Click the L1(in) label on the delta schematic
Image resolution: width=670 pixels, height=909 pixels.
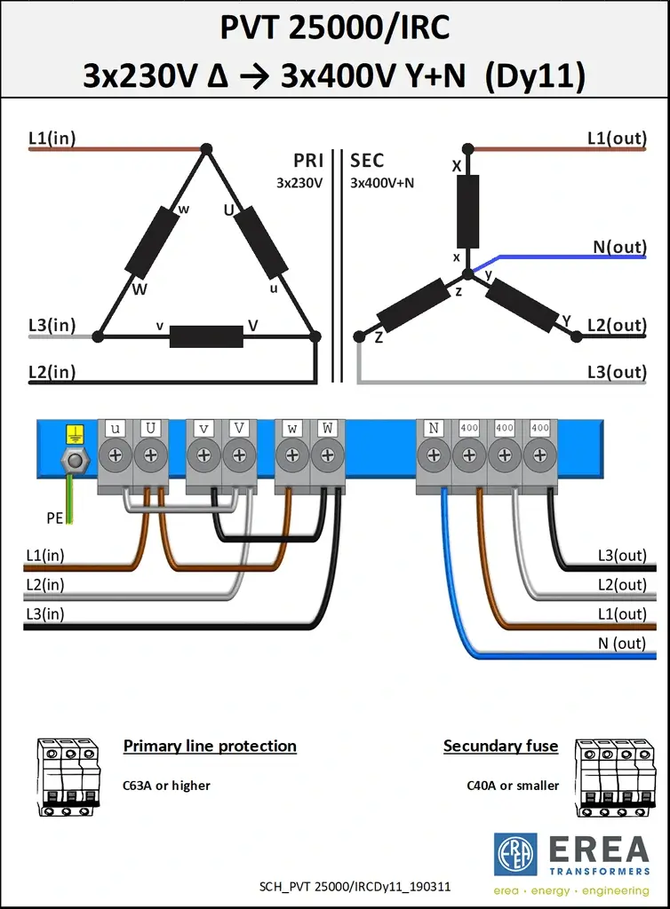point(52,138)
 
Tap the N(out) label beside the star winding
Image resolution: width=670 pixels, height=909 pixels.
point(619,248)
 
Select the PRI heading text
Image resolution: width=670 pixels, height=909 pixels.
point(308,161)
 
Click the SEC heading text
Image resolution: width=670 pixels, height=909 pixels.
point(367,161)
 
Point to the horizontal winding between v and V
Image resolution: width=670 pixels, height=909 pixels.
point(206,336)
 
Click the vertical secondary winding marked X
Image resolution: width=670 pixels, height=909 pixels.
point(467,210)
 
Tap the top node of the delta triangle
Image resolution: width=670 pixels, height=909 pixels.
point(206,149)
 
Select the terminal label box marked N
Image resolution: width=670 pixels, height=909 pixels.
point(434,428)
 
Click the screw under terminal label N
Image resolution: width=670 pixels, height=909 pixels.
point(434,455)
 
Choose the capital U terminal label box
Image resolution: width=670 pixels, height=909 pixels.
point(150,428)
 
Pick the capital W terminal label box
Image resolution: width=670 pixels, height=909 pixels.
point(328,428)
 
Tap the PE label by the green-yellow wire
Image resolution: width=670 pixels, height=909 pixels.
point(55,518)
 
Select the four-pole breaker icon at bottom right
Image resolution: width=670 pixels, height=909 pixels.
point(610,778)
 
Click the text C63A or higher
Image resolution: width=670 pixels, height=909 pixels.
point(166,786)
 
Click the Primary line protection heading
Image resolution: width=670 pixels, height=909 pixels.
point(210,746)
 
